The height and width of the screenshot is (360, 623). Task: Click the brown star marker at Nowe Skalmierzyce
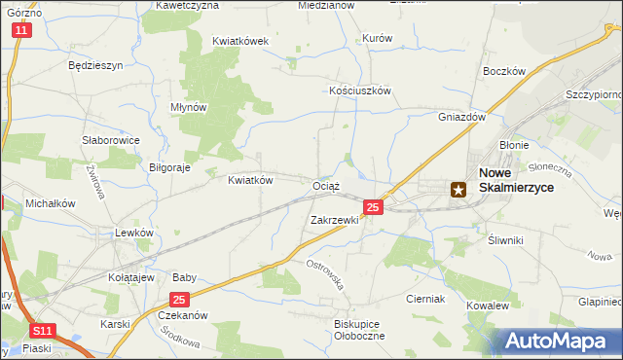click(x=458, y=191)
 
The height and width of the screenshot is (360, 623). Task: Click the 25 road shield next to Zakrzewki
click(x=373, y=207)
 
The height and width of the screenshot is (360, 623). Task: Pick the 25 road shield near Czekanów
click(x=178, y=301)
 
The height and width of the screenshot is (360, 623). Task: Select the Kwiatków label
click(x=249, y=180)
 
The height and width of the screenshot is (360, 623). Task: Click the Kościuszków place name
click(x=359, y=90)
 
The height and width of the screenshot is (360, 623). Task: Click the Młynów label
click(x=189, y=107)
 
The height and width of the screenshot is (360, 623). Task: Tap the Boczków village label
click(x=503, y=71)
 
